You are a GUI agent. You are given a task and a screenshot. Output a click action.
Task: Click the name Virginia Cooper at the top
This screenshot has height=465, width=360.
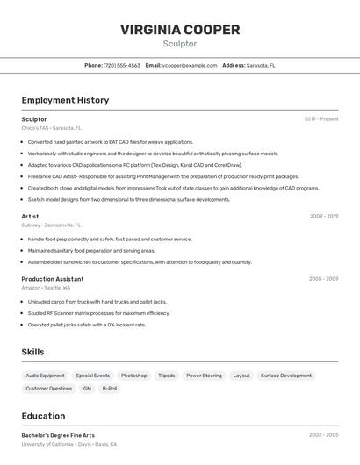[180, 30]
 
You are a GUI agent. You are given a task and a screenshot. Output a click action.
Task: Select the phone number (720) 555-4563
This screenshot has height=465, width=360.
[122, 65]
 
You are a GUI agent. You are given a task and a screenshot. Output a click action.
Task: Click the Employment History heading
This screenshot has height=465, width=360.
[65, 100]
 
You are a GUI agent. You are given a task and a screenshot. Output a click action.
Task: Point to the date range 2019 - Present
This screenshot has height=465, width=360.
[321, 119]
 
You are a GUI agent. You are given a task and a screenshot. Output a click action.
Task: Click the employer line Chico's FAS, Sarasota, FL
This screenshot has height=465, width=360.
[51, 128]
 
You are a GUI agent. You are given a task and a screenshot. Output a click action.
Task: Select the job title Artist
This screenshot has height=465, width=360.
[30, 216]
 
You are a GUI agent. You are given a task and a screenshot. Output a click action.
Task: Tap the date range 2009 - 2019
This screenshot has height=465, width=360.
[324, 216]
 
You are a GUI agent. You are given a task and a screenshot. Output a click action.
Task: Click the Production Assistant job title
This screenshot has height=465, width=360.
[53, 279]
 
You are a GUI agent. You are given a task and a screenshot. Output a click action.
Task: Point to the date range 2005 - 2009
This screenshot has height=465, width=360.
[323, 279]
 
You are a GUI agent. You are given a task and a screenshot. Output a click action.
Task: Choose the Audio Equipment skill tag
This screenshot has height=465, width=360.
[45, 376]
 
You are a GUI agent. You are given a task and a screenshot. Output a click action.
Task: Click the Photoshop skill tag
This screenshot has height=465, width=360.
[133, 376]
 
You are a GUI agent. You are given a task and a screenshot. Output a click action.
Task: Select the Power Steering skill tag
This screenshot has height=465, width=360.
[204, 376]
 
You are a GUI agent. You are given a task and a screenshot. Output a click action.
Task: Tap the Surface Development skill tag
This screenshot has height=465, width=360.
[286, 376]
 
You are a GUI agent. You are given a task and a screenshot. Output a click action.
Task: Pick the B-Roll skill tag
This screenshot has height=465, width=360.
[110, 388]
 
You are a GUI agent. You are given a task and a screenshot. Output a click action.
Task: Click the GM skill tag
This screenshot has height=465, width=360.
[87, 388]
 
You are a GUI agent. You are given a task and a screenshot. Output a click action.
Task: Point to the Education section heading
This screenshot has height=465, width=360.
[43, 416]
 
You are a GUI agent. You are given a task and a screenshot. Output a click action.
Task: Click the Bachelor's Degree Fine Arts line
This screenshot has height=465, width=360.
[58, 435]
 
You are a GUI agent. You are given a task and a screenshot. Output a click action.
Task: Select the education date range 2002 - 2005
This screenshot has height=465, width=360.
[323, 435]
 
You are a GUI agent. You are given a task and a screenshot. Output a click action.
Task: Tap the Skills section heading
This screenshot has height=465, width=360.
[32, 352]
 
